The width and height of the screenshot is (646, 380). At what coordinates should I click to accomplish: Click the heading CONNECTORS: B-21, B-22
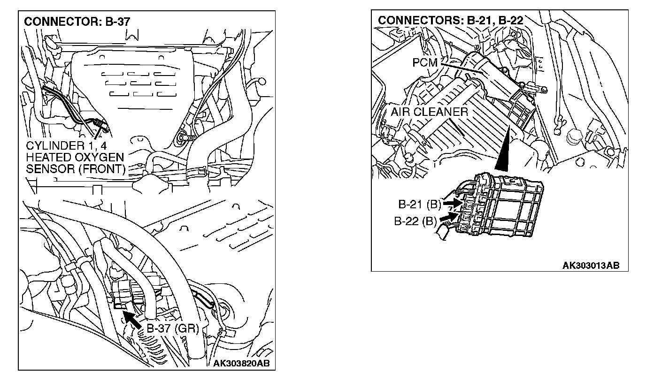coord(450,20)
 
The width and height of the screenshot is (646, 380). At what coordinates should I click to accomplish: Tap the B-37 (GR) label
coord(172,328)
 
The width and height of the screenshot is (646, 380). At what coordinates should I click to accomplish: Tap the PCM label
coord(425,63)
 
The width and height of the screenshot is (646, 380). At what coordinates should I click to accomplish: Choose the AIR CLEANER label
coord(429,112)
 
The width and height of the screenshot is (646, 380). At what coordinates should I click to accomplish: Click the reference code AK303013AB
coord(591,266)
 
